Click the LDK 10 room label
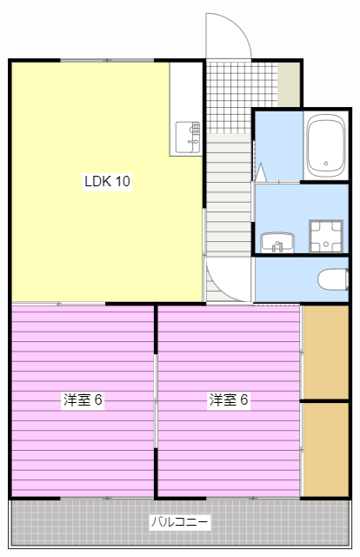pos(107,182)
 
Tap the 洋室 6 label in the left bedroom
pos(83,400)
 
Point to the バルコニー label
pos(179,522)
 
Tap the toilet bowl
pos(330,279)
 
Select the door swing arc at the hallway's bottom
pos(224,280)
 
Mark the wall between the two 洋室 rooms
pos(157,400)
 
